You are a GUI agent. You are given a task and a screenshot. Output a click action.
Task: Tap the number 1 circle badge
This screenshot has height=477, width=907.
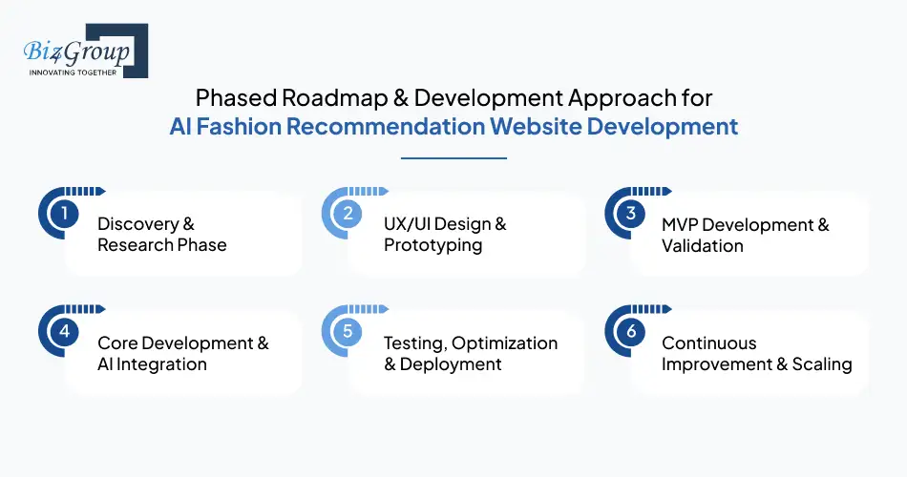coord(63,214)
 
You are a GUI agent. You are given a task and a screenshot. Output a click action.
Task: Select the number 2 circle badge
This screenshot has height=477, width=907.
coord(348,214)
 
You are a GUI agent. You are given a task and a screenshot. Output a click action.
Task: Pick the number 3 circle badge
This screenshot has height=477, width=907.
coord(630,214)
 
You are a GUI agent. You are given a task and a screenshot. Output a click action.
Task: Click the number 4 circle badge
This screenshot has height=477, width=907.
coord(63,332)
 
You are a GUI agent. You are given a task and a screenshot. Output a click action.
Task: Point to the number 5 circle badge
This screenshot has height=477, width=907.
coord(348,332)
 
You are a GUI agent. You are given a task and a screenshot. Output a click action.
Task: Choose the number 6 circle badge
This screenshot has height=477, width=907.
coord(630,332)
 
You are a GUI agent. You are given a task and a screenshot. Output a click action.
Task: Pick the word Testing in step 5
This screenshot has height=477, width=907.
coord(415,343)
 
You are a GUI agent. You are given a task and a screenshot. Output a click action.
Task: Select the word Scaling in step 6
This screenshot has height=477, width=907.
coord(822,364)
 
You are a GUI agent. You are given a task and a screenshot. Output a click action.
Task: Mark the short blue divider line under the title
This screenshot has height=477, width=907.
coord(453,158)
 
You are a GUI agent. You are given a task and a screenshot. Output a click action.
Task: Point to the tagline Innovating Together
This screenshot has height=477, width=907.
coord(73,73)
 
